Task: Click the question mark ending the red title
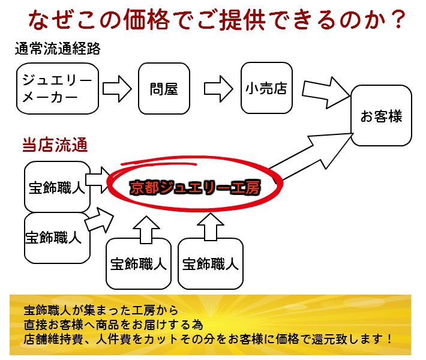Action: (x=398, y=20)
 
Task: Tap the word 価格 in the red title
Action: (x=147, y=20)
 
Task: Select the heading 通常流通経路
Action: (x=58, y=49)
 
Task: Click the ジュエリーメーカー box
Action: (x=58, y=89)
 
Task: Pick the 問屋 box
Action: (x=164, y=89)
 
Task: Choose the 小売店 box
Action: (x=266, y=88)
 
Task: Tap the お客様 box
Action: (x=381, y=116)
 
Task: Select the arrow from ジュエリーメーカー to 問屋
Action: (x=117, y=89)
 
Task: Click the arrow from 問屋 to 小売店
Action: (x=218, y=89)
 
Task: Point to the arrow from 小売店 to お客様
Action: (x=325, y=92)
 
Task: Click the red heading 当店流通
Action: (x=55, y=145)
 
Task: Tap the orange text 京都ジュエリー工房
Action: (x=195, y=187)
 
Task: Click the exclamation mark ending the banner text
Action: (x=389, y=339)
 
